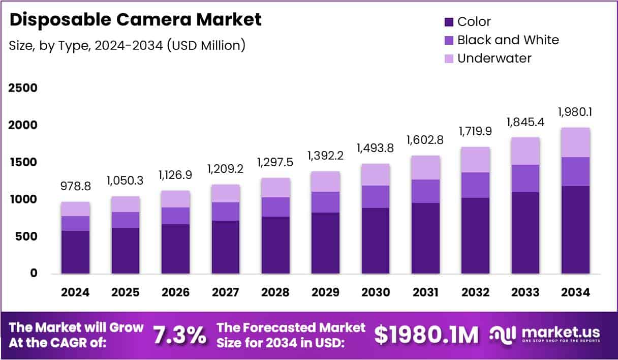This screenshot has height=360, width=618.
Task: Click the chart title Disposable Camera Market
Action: pyautogui.click(x=136, y=20)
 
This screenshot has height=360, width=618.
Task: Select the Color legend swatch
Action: pyautogui.click(x=449, y=22)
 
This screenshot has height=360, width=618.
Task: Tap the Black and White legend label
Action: pyautogui.click(x=508, y=40)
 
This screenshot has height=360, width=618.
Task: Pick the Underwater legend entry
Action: pyautogui.click(x=494, y=58)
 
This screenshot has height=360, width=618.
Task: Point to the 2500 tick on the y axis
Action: pyautogui.click(x=23, y=88)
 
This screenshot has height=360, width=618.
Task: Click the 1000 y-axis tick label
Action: pyautogui.click(x=23, y=200)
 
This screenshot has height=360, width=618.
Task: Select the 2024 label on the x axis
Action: pyautogui.click(x=75, y=292)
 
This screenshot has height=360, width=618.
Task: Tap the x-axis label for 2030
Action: pyautogui.click(x=376, y=292)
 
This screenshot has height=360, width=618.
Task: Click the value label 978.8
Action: pyautogui.click(x=75, y=186)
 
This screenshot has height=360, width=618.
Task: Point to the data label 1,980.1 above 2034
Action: pyautogui.click(x=576, y=111)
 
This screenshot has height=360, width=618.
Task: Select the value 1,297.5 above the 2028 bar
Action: pyautogui.click(x=275, y=162)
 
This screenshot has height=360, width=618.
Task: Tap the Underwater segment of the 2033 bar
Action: pyautogui.click(x=526, y=151)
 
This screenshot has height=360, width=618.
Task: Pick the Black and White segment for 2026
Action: pyautogui.click(x=175, y=216)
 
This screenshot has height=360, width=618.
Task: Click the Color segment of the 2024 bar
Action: pyautogui.click(x=75, y=252)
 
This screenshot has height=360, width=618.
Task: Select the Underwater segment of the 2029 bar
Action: pyautogui.click(x=325, y=182)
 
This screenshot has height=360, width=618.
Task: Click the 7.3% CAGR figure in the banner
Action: pyautogui.click(x=180, y=335)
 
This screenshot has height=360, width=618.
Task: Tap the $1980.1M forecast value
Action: pyautogui.click(x=426, y=335)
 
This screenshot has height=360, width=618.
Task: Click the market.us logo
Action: pyautogui.click(x=544, y=334)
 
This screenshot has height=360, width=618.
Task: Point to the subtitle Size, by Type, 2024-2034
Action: pyautogui.click(x=128, y=45)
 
